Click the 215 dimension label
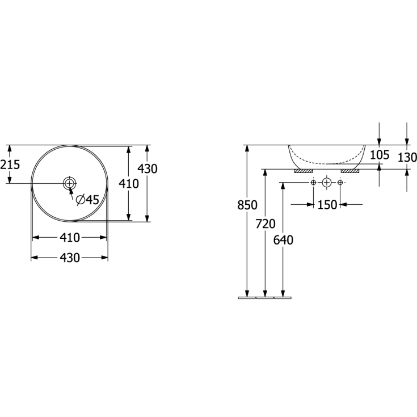point(10,165)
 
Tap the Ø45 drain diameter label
point(87,200)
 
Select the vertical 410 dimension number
point(129,184)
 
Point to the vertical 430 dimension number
point(148,169)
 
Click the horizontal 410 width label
point(70,238)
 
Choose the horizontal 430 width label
point(70,258)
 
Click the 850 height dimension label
point(247,205)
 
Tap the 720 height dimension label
point(266,224)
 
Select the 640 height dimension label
point(283,240)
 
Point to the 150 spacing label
point(327,205)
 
